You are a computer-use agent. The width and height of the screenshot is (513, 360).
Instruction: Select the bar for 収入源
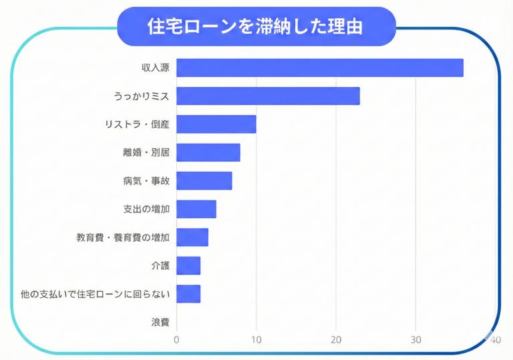point(319,67)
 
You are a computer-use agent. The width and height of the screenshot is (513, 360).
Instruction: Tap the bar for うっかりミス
point(268,96)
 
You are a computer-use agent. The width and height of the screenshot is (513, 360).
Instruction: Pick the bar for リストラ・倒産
point(216,124)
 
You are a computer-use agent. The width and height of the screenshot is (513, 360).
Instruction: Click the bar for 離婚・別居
point(208,152)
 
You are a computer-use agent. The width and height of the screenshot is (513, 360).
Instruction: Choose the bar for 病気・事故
point(204,180)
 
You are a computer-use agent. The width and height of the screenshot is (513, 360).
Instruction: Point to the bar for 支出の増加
point(196,209)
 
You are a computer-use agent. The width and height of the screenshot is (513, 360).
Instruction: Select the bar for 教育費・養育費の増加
point(192,237)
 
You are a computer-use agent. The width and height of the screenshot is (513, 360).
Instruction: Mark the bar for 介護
point(188,265)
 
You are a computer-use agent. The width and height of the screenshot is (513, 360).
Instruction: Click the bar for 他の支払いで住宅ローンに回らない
point(188,294)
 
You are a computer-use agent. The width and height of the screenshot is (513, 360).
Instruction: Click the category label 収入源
point(156,68)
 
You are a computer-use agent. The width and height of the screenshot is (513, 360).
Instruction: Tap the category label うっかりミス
point(141,96)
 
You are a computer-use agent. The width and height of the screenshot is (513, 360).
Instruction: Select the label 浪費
point(160,322)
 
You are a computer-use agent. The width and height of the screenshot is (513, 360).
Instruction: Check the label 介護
point(160,265)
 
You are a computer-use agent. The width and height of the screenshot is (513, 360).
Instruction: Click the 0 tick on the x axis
point(176,340)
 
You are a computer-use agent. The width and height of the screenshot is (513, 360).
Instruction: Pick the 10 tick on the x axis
point(256,340)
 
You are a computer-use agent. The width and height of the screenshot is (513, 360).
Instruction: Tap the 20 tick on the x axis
point(336,340)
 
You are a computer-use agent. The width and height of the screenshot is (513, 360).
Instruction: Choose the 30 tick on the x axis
point(415,340)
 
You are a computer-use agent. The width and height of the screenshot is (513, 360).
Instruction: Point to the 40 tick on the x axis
point(494,340)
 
